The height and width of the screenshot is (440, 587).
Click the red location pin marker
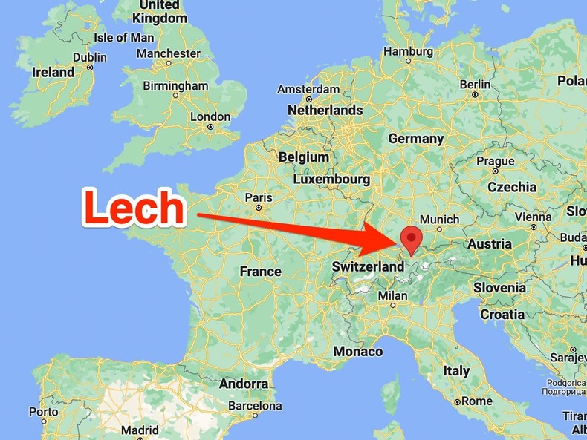[x=410, y=239]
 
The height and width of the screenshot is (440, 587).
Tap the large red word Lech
[x=134, y=208]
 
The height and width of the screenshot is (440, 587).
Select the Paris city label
[x=259, y=197]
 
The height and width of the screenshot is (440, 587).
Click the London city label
[x=210, y=116]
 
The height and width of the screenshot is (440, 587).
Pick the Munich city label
[x=439, y=220]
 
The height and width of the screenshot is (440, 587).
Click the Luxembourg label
[x=331, y=179]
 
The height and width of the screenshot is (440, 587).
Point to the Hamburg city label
[x=408, y=51]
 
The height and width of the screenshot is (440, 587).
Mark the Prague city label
[x=495, y=161]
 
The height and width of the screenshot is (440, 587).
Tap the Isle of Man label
[x=124, y=37]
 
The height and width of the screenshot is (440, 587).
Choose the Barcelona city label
[x=255, y=406]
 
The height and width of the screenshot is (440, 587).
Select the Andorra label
[x=244, y=384]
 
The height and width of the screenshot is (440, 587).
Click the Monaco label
[x=358, y=351]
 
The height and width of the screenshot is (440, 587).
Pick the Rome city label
[x=476, y=401]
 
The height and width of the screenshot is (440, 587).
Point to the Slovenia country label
[x=500, y=288]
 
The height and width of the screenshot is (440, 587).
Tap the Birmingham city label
[x=175, y=85]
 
